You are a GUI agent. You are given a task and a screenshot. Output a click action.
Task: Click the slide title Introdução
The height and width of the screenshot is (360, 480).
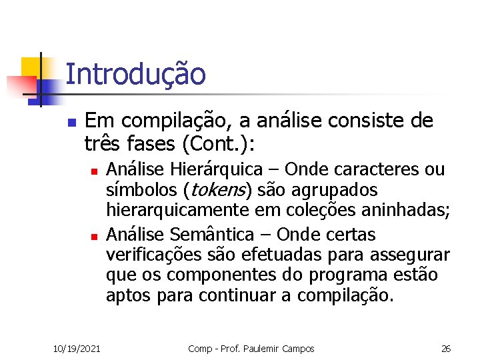(x=136, y=75)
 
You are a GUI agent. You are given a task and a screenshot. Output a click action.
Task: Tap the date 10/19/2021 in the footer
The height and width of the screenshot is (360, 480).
(x=77, y=349)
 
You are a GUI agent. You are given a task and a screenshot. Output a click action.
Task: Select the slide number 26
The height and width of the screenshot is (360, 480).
(x=446, y=349)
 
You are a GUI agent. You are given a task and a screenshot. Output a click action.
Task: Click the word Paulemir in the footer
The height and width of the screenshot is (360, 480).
(x=267, y=349)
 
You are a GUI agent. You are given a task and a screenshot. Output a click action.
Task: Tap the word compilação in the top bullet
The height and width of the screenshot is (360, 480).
(x=160, y=121)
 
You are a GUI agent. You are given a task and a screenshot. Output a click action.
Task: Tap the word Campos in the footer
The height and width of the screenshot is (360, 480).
(x=299, y=349)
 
